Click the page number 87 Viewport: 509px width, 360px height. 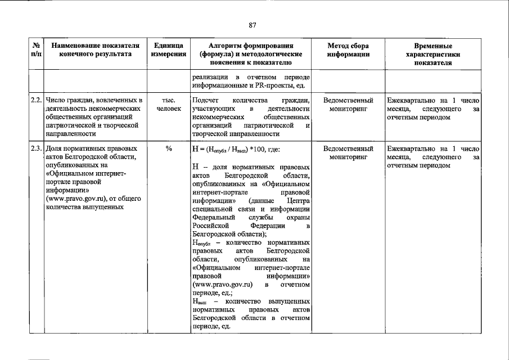coord(253,25)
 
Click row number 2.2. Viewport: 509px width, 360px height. coord(36,100)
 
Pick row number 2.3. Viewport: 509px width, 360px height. coord(36,149)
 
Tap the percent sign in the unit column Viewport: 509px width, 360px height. coord(168,149)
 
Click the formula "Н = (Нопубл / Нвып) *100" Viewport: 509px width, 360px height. coord(239,150)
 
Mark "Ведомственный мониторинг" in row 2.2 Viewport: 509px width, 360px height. coord(348,104)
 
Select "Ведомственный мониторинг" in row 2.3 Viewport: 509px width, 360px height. coord(348,153)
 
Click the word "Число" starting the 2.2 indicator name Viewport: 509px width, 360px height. coord(56,100)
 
